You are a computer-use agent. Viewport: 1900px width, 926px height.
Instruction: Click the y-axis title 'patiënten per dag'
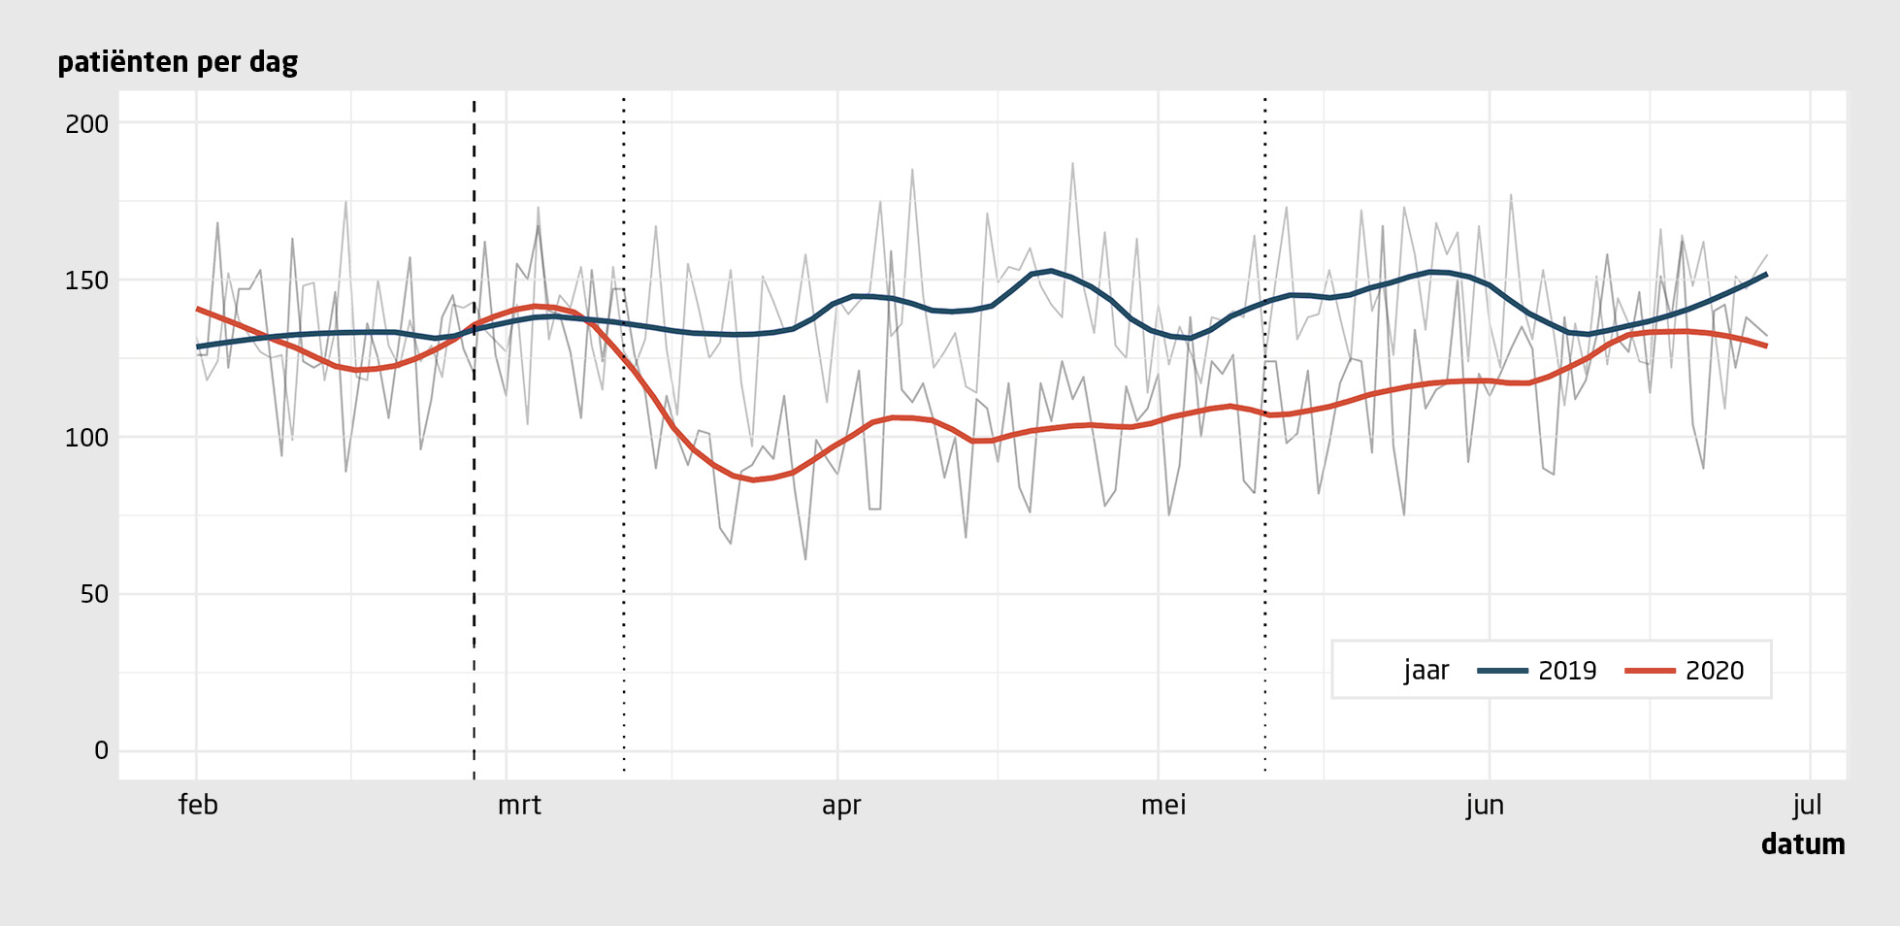(x=178, y=63)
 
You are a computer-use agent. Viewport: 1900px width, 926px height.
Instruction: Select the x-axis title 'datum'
(x=1802, y=844)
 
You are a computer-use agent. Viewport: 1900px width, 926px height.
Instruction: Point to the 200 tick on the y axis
(x=86, y=124)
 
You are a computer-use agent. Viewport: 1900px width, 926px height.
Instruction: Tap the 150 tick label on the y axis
(x=86, y=281)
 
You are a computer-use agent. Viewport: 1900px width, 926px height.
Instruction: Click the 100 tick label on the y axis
(x=86, y=438)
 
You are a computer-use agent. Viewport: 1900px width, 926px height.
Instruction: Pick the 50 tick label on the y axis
(x=93, y=594)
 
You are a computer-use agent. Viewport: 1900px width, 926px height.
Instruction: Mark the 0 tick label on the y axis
(x=101, y=750)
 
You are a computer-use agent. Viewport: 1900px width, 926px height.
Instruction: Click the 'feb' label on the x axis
(x=198, y=806)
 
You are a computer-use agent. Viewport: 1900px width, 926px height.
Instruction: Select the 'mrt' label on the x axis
(x=519, y=806)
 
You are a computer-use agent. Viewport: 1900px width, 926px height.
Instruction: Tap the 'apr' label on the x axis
(x=840, y=806)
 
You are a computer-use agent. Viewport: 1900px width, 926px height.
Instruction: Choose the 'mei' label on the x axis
(x=1163, y=806)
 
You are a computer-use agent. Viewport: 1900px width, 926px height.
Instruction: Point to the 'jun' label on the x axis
(x=1485, y=806)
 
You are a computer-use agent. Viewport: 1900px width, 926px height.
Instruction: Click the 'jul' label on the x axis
(x=1807, y=806)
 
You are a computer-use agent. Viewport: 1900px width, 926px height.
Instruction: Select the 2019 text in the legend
(x=1567, y=671)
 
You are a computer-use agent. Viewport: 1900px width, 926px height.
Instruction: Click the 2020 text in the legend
(x=1715, y=671)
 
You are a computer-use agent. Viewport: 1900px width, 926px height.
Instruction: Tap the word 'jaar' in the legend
(x=1425, y=671)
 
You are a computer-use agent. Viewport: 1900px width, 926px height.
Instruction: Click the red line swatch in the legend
(x=1650, y=671)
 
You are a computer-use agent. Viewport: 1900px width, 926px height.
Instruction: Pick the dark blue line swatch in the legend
(x=1502, y=671)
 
